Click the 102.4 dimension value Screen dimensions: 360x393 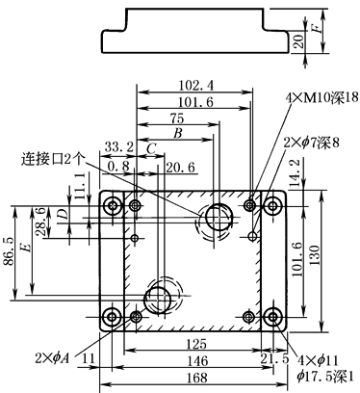pyautogui.click(x=195, y=86)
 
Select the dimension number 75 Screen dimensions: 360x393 pyautogui.click(x=177, y=118)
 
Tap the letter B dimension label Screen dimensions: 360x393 pyautogui.click(x=178, y=133)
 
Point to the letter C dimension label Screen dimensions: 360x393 pyautogui.click(x=151, y=149)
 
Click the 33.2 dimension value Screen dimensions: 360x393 pyautogui.click(x=119, y=147)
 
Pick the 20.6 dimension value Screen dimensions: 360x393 pyautogui.click(x=180, y=168)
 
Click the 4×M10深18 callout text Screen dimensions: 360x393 pyautogui.click(x=321, y=97)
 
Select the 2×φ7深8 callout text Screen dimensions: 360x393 pyautogui.click(x=311, y=143)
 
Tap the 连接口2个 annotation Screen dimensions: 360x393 pyautogui.click(x=54, y=160)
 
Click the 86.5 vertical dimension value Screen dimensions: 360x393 pyautogui.click(x=9, y=251)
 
